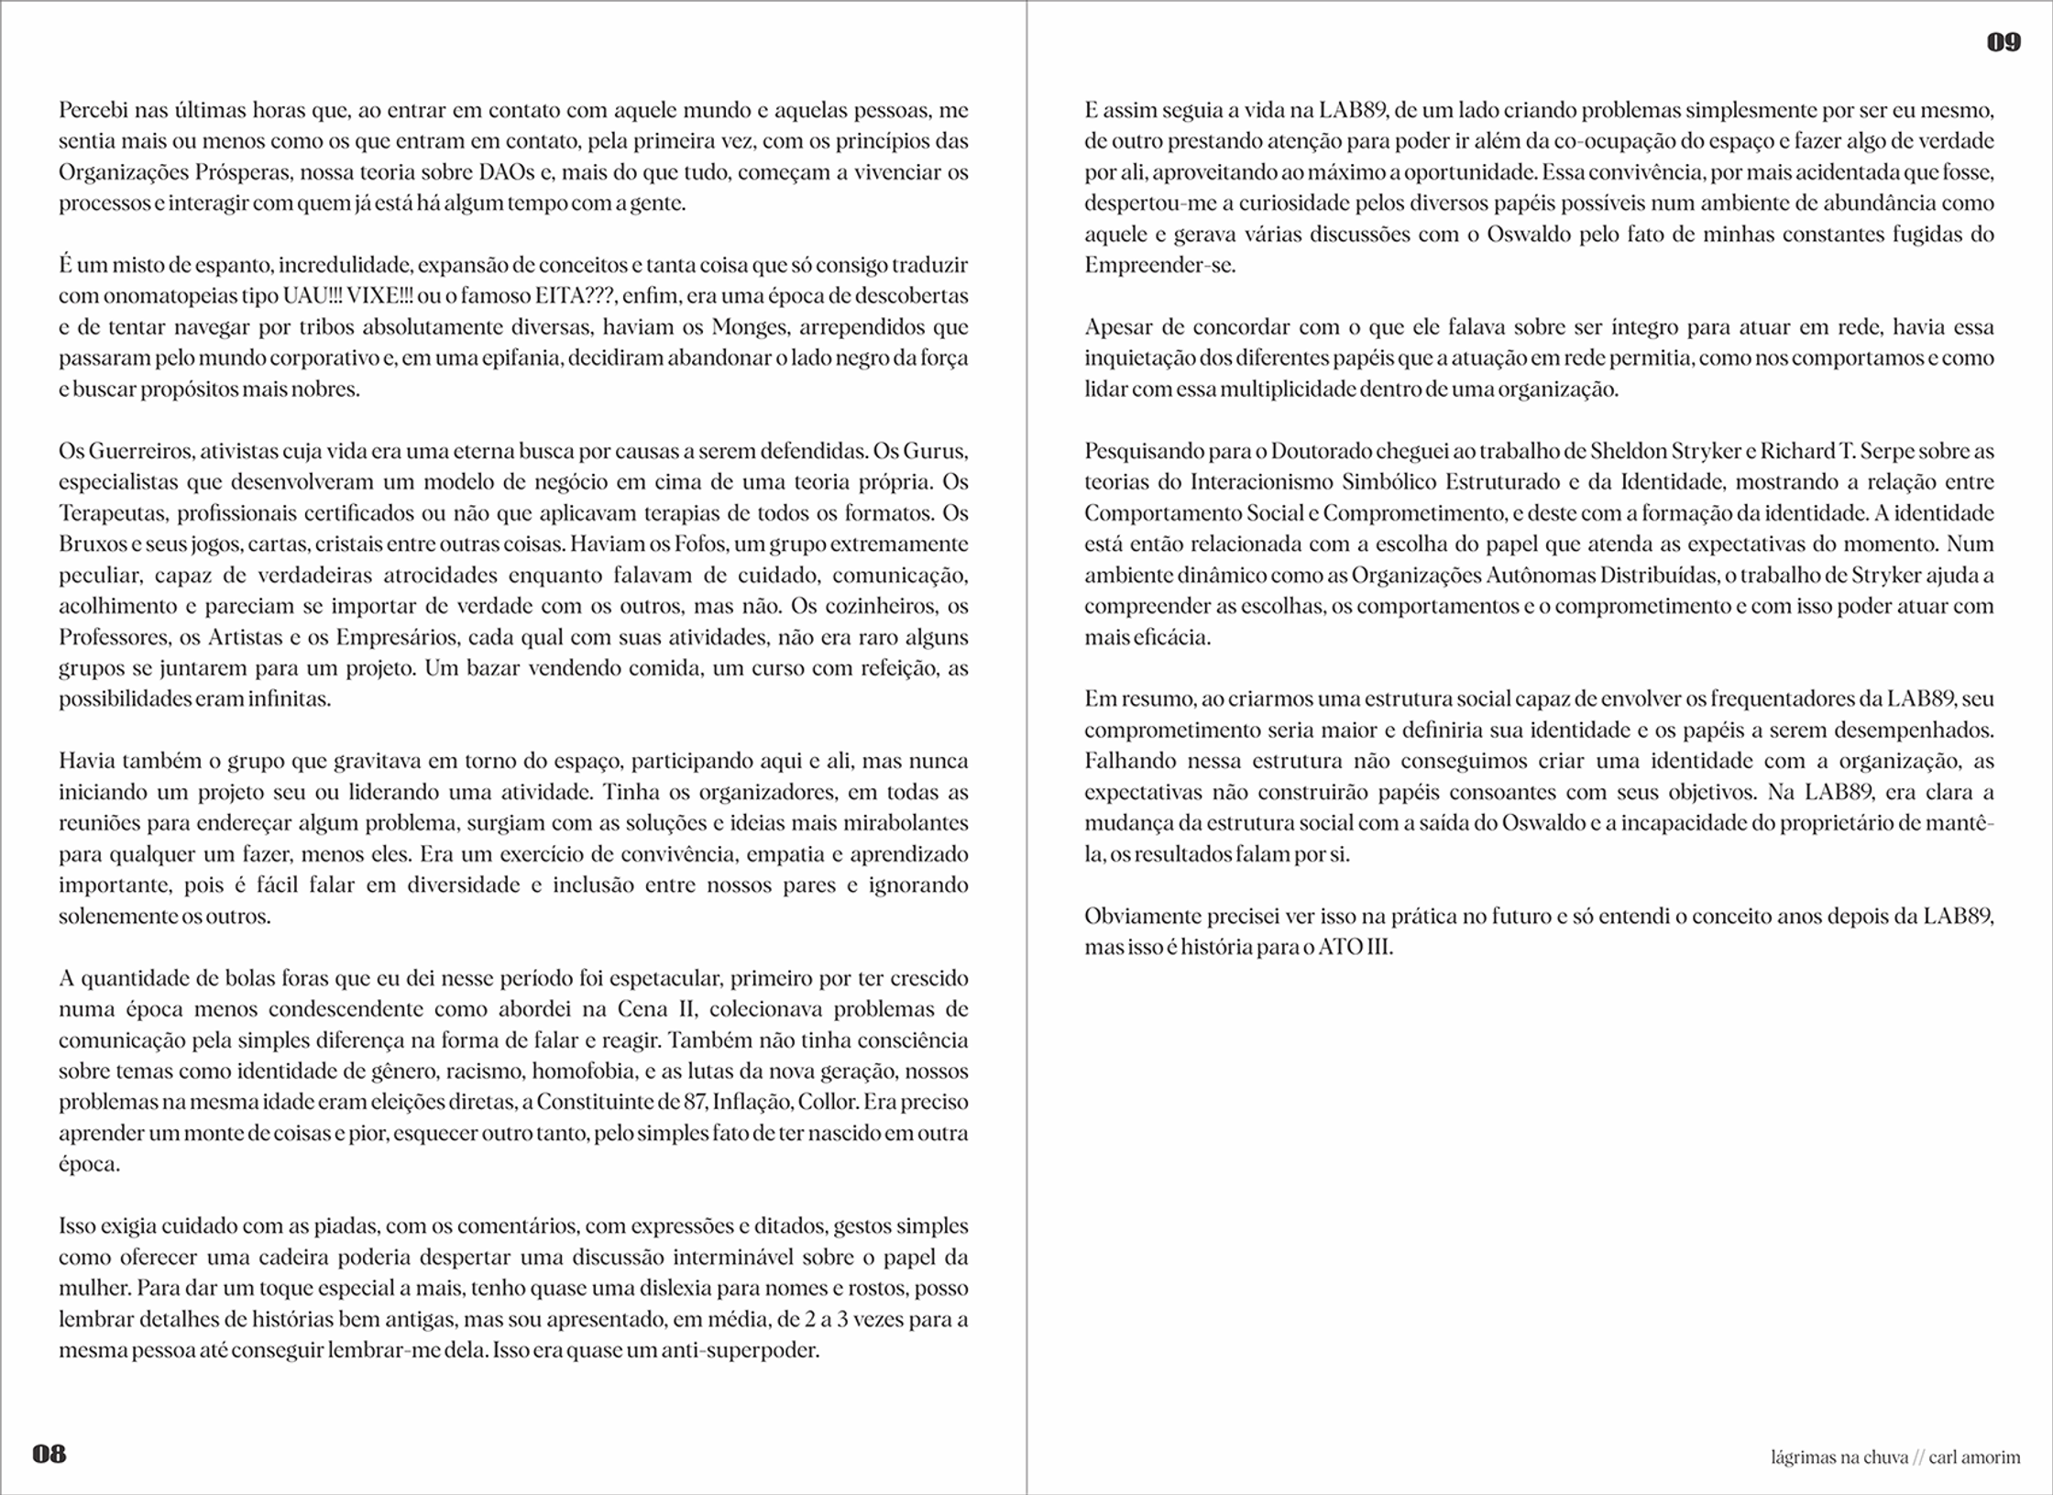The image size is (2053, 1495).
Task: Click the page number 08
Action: tap(49, 1454)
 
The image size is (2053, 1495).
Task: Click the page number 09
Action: tap(2004, 42)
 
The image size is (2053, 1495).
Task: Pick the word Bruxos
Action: tap(93, 544)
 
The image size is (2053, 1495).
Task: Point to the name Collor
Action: tap(828, 1102)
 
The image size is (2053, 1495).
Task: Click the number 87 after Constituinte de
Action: tap(695, 1102)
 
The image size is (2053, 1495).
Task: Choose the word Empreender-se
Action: tap(1159, 266)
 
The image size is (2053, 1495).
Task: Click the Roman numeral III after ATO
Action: tap(1379, 947)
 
